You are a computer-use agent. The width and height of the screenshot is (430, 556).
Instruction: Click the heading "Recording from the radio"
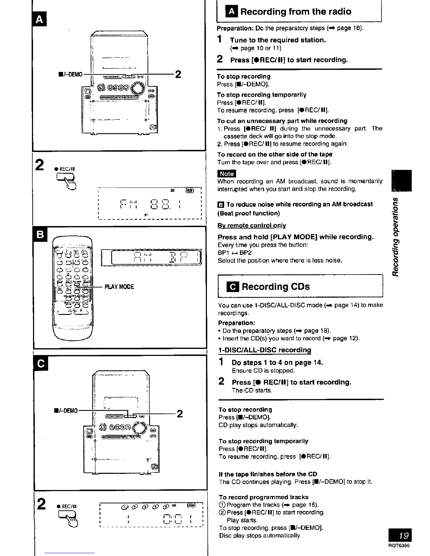(x=295, y=12)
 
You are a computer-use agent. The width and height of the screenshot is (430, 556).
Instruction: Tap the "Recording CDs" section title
(x=275, y=287)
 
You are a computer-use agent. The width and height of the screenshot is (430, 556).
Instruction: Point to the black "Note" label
(x=227, y=173)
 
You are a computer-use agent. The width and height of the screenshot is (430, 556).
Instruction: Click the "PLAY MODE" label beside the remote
(x=119, y=287)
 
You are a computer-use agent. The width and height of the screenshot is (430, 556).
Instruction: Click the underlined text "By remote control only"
(x=252, y=225)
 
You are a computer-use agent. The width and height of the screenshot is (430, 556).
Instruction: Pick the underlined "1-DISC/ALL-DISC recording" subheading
(x=265, y=350)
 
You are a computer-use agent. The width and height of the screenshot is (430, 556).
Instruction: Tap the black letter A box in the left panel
(x=40, y=20)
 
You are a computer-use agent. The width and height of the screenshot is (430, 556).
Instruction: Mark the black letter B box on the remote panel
(x=40, y=234)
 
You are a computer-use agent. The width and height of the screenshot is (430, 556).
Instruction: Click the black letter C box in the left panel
(x=40, y=364)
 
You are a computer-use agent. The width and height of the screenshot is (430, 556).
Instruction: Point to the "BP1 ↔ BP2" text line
(x=235, y=253)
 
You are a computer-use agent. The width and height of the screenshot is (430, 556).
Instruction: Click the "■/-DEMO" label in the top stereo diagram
(x=71, y=74)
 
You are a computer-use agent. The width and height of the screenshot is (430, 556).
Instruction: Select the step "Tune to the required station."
(x=278, y=40)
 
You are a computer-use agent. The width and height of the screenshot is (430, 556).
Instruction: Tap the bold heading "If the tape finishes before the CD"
(x=268, y=474)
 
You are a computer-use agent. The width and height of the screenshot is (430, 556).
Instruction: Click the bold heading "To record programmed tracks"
(x=263, y=497)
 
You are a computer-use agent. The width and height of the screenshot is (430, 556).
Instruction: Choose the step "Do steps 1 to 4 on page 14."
(x=277, y=362)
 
